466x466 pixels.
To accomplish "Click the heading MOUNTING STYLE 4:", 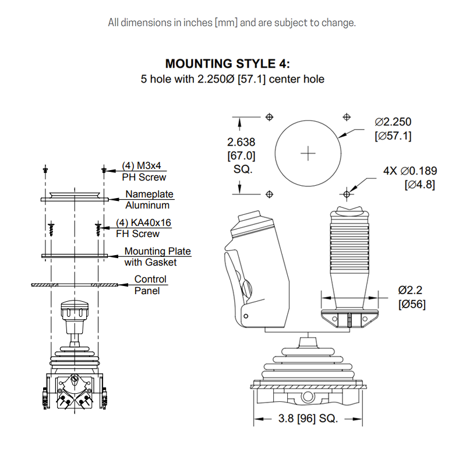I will [227, 63].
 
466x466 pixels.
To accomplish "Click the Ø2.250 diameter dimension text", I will [393, 122].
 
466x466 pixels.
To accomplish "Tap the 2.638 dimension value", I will [241, 142].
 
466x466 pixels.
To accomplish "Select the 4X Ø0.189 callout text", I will [410, 171].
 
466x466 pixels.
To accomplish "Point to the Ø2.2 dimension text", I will [410, 290].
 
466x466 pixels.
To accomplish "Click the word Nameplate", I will [150, 194].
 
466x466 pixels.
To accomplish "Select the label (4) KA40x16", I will [144, 223].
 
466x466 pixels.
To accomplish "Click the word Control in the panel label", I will [150, 279].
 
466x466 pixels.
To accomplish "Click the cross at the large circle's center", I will [308, 153].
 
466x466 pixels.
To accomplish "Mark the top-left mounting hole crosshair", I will [269, 117].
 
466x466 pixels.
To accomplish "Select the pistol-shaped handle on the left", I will [256, 268].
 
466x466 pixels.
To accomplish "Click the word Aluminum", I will [147, 205].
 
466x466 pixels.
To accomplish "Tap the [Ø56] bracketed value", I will [411, 304].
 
